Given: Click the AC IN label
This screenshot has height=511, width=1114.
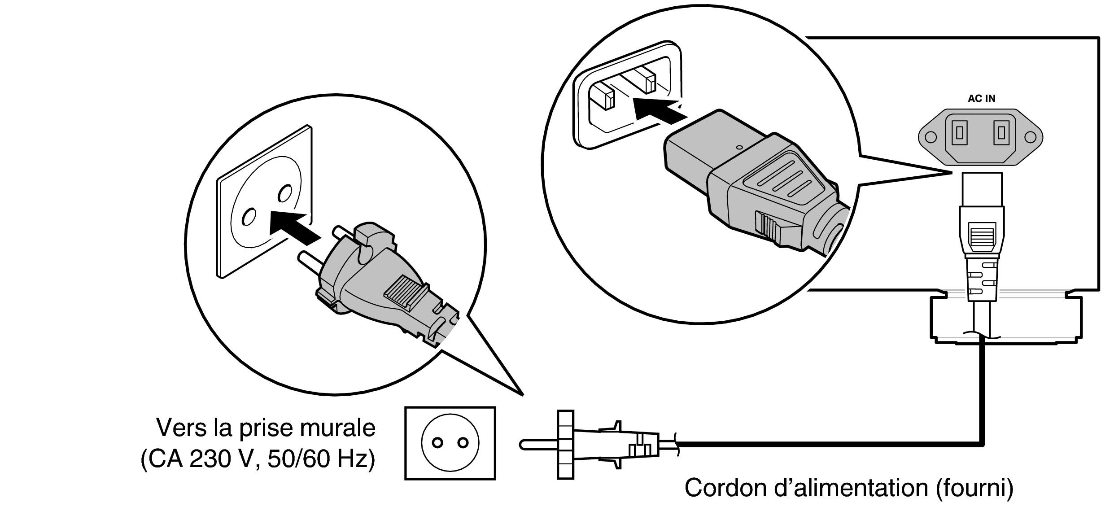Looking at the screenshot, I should (x=981, y=99).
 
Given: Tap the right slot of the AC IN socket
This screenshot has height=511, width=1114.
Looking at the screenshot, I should (x=1001, y=133).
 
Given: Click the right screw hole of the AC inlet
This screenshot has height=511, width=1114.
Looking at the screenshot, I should (x=1031, y=137).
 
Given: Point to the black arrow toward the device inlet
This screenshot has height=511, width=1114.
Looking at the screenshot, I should (x=657, y=110).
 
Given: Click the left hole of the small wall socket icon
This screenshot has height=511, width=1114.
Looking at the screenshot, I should (x=437, y=443).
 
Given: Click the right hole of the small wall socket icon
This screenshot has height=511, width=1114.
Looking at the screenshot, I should (x=463, y=443).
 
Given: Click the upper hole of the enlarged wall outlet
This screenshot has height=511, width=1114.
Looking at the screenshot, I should (x=284, y=193).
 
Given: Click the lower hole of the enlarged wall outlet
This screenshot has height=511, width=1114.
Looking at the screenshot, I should (x=248, y=217).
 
